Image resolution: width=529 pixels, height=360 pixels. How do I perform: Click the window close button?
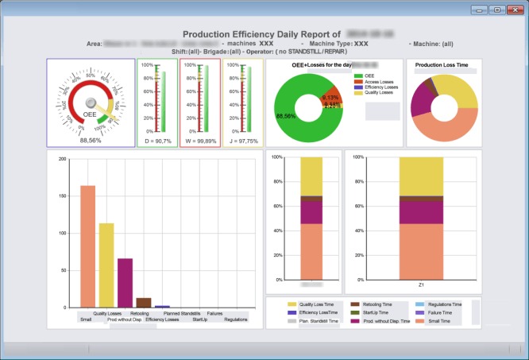tap(512, 10)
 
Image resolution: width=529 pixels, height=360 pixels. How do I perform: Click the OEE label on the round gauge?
tap(90, 114)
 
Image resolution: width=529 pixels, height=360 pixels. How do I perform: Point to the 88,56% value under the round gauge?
tap(91, 141)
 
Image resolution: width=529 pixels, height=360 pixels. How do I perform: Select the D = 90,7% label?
tap(157, 141)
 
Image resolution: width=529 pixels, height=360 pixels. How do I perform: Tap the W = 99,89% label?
tap(199, 141)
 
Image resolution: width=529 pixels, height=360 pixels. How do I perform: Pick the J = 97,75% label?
tap(242, 141)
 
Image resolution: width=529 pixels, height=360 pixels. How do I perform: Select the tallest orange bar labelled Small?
tap(87, 246)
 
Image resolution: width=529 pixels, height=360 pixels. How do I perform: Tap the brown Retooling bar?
tap(144, 302)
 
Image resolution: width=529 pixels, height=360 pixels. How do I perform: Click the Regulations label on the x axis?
tap(236, 319)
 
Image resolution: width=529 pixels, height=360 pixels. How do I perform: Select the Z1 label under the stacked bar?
tap(421, 284)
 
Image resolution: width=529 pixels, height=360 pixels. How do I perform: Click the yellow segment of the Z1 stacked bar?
tap(421, 175)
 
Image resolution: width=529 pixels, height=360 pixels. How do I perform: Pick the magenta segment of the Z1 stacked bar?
tap(421, 211)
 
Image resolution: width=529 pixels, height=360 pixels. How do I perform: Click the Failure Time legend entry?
tap(439, 312)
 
